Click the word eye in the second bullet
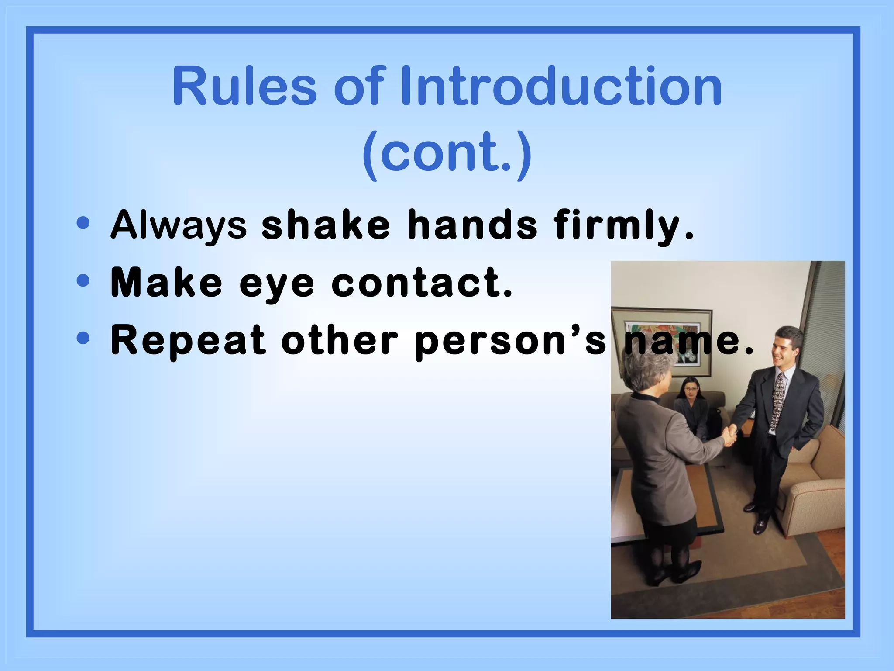pyautogui.click(x=277, y=284)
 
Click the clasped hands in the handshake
pyautogui.click(x=729, y=435)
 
